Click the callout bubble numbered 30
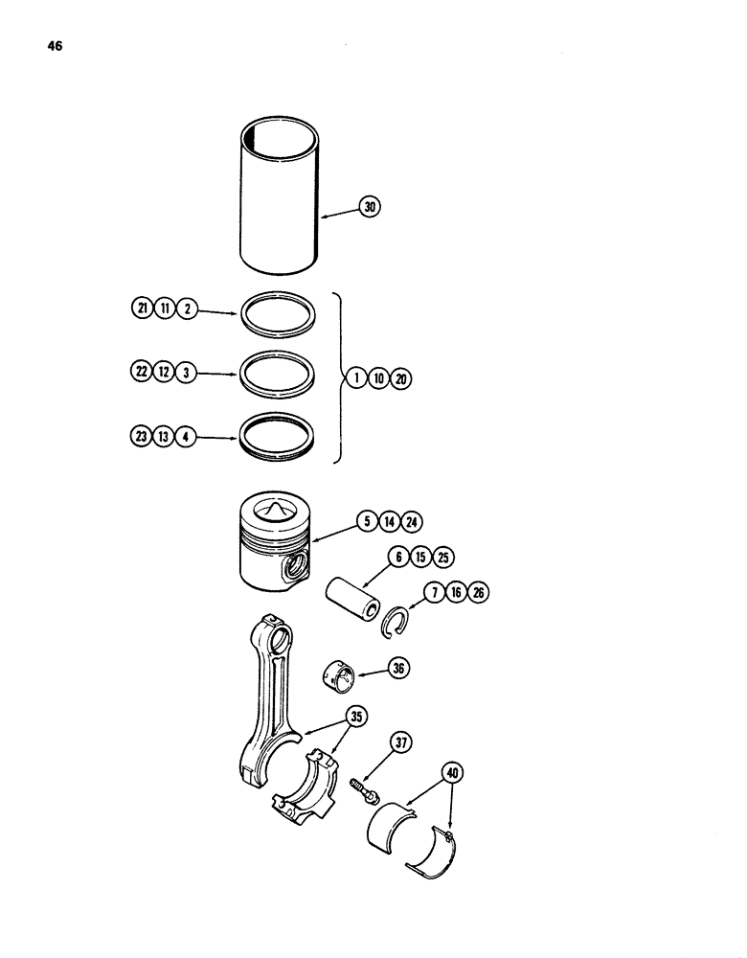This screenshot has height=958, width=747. pyautogui.click(x=370, y=205)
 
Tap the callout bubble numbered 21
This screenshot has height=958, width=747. pyautogui.click(x=143, y=308)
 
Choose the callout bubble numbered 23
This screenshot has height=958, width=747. pyautogui.click(x=143, y=438)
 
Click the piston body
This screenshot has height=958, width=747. pyautogui.click(x=276, y=556)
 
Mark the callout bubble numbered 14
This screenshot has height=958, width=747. pyautogui.click(x=392, y=522)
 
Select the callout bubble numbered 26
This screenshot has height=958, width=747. pyautogui.click(x=479, y=593)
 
